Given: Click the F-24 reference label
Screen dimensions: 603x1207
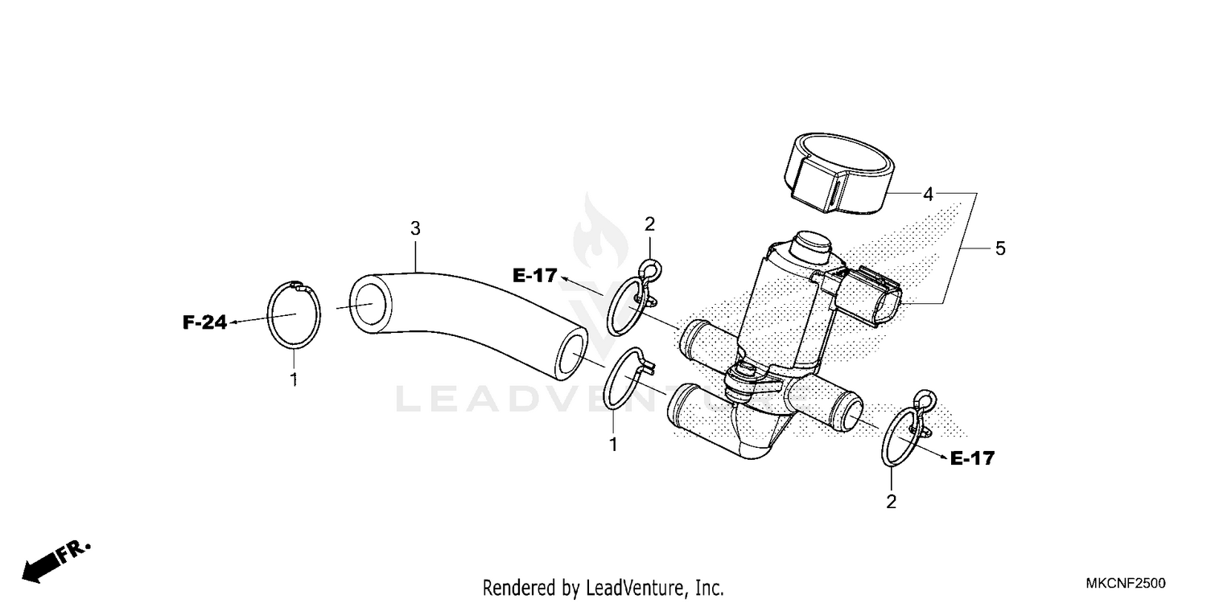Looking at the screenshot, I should point(204,323).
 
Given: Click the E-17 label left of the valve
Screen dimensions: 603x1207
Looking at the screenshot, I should point(535,276).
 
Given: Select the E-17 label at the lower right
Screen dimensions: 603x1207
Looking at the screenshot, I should point(972,459).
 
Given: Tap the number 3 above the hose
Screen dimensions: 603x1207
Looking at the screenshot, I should point(415,229).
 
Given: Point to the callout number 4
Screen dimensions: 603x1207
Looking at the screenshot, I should point(928,194).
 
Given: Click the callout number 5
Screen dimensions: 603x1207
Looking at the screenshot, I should point(1000,248).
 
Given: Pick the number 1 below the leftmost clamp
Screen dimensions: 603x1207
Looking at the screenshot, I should point(294,379).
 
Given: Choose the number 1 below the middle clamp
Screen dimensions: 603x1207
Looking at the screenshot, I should point(613,444).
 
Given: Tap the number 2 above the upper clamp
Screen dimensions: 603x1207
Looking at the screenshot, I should point(649,224).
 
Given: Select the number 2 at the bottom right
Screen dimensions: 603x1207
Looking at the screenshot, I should point(891,502).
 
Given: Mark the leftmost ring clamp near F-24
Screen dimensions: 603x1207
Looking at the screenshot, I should point(294,315).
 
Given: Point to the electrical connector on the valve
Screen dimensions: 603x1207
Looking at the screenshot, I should point(865,296).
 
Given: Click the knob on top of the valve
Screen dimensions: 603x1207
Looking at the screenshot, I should point(810,244).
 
